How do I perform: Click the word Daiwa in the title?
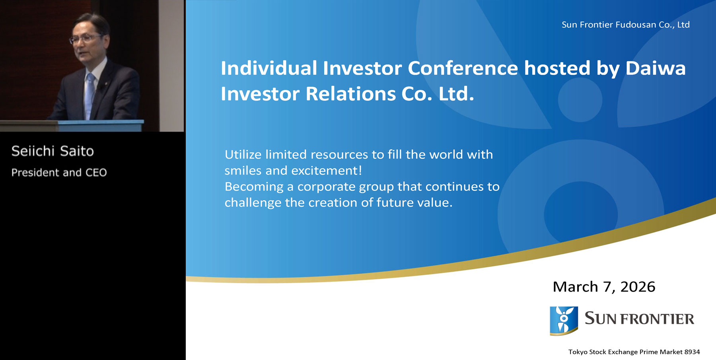(655, 68)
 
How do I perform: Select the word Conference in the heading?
(463, 68)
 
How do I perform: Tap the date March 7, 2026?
(604, 287)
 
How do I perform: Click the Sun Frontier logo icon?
(564, 320)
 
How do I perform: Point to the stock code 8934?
(692, 352)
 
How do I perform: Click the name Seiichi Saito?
(53, 151)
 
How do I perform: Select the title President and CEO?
(59, 173)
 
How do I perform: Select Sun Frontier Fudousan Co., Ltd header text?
(625, 25)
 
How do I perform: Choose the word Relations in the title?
(350, 94)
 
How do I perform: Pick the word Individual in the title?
(269, 68)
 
